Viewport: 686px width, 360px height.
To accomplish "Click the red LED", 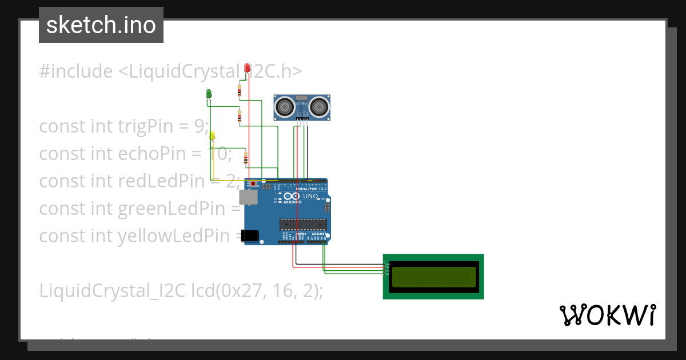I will coord(247,68).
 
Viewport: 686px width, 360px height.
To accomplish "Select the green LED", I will coord(209,93).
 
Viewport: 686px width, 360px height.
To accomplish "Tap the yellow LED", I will coord(212,135).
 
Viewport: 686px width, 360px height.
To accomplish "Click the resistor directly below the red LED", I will coord(240,91).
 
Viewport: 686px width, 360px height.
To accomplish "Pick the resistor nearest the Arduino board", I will coord(246,158).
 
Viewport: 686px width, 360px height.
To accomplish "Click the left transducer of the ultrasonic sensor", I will coord(284,106).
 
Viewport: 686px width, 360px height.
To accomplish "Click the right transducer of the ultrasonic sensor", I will coord(320,106).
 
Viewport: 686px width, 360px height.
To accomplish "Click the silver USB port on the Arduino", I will coord(249,197).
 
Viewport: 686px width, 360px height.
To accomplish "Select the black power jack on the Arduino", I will coord(249,235).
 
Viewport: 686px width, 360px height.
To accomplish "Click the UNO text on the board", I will coord(310,196).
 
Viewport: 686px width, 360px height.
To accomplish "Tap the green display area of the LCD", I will coord(433,277).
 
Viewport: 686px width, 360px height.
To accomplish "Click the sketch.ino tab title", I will coord(101,25).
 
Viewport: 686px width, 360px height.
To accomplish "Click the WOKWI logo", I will coord(607,315).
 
